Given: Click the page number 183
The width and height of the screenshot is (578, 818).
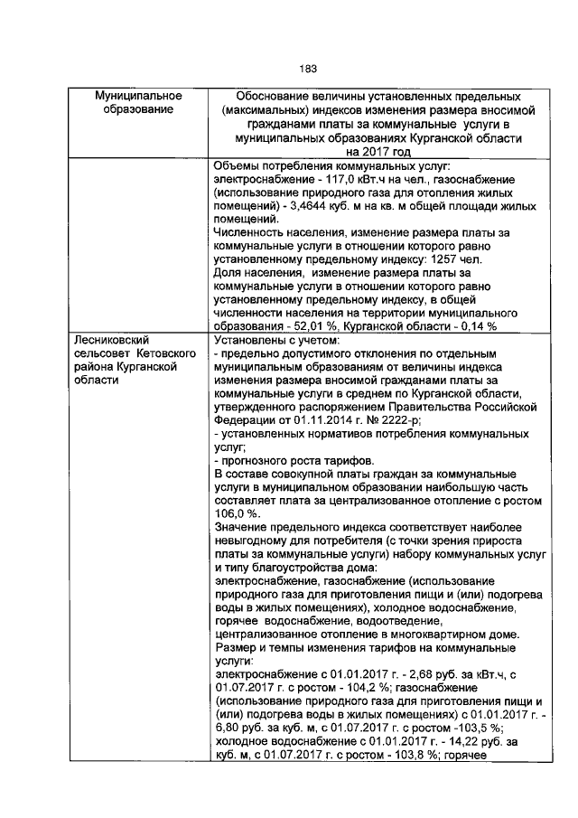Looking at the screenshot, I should click(x=307, y=68).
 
